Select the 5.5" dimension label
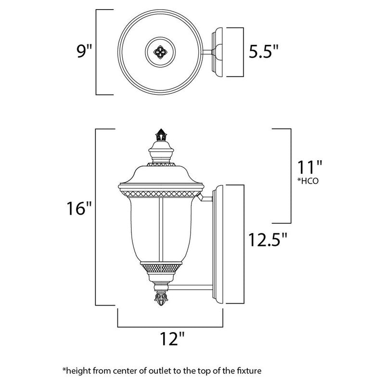pyautogui.click(x=263, y=51)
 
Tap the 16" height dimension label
pyautogui.click(x=78, y=210)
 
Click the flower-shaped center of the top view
pyautogui.click(x=159, y=51)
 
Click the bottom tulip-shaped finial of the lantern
pyautogui.click(x=160, y=299)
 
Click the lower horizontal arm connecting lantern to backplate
pyautogui.click(x=190, y=288)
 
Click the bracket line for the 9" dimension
pyautogui.click(x=98, y=51)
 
